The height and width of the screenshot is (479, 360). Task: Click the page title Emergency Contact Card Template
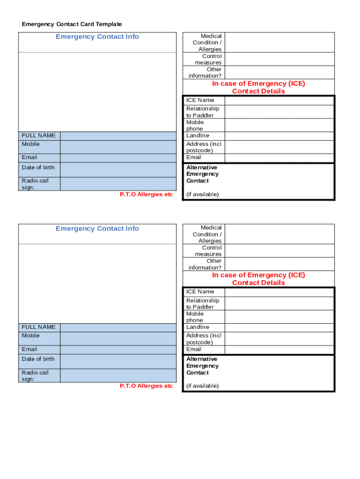(72, 24)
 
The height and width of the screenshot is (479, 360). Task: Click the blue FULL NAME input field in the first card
(118, 136)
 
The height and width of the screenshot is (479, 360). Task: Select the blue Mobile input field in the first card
(118, 147)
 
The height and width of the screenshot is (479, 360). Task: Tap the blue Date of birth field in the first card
(118, 170)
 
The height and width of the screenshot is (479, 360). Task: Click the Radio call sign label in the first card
(35, 184)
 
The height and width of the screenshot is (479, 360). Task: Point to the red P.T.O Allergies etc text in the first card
(146, 195)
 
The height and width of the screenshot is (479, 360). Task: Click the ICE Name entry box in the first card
(279, 100)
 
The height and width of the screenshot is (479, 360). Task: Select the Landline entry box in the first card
(279, 136)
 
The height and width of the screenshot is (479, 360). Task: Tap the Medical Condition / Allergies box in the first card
(279, 42)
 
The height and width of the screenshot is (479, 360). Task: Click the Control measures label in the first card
(209, 59)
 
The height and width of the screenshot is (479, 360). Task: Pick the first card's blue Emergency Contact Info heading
(97, 36)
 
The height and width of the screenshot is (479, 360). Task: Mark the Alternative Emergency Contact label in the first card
(202, 174)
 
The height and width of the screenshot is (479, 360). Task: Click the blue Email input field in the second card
(118, 349)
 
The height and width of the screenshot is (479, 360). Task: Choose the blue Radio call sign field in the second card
(118, 375)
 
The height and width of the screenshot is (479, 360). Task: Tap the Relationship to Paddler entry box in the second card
(279, 304)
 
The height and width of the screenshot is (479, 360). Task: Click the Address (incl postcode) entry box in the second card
(279, 339)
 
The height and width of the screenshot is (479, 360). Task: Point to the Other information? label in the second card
(206, 264)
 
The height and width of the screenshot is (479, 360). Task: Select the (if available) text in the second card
(202, 386)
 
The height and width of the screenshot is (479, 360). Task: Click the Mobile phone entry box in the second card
(279, 317)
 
